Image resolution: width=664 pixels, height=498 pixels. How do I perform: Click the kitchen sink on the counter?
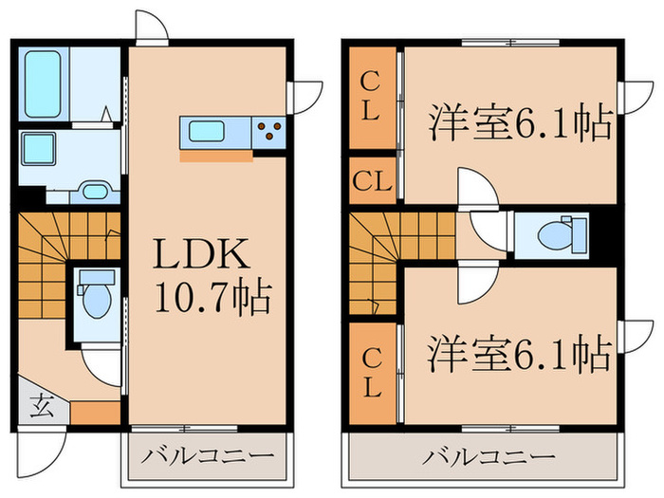pyautogui.click(x=203, y=131)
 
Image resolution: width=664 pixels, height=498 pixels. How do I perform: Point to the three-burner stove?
pyautogui.click(x=269, y=131)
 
